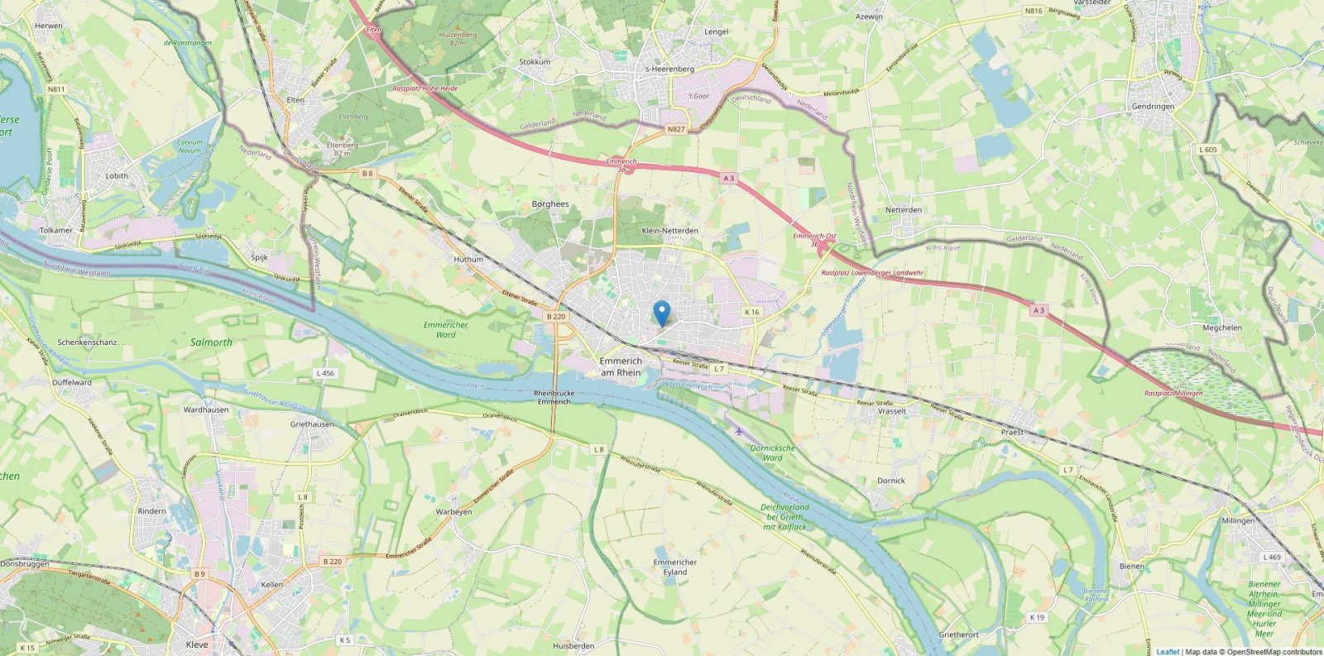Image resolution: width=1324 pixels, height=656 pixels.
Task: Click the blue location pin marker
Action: pyautogui.click(x=661, y=313)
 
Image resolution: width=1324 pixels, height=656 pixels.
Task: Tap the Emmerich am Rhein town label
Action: pyautogui.click(x=621, y=367)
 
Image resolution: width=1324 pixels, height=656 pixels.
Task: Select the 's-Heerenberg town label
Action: pyautogui.click(x=669, y=69)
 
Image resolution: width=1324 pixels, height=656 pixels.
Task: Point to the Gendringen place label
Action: pyautogui.click(x=1153, y=107)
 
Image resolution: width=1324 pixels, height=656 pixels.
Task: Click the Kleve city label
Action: pyautogui.click(x=197, y=644)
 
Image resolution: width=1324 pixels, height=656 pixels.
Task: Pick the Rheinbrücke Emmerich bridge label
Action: pyautogui.click(x=554, y=398)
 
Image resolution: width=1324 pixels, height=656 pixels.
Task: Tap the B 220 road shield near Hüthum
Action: pyautogui.click(x=555, y=316)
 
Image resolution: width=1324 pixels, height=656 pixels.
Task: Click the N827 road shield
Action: pyautogui.click(x=676, y=130)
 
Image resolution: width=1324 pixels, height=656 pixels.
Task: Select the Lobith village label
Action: pyautogui.click(x=117, y=176)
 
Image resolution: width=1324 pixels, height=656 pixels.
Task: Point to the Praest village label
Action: pyautogui.click(x=1012, y=432)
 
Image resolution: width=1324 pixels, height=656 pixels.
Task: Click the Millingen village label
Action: pyautogui.click(x=1238, y=521)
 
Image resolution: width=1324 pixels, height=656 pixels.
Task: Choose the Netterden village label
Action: pyautogui.click(x=904, y=210)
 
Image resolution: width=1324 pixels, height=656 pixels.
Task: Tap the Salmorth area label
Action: pyautogui.click(x=211, y=342)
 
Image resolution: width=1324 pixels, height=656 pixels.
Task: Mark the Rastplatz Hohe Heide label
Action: pyautogui.click(x=425, y=89)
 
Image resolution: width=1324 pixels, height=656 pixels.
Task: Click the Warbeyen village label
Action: pyautogui.click(x=453, y=512)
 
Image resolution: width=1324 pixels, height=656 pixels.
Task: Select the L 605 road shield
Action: pyautogui.click(x=1207, y=150)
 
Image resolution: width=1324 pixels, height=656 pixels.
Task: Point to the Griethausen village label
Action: pyautogui.click(x=312, y=424)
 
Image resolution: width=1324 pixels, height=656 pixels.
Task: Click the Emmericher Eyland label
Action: pyautogui.click(x=674, y=567)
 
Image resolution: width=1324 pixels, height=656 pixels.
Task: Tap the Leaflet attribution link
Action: pyautogui.click(x=1168, y=652)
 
